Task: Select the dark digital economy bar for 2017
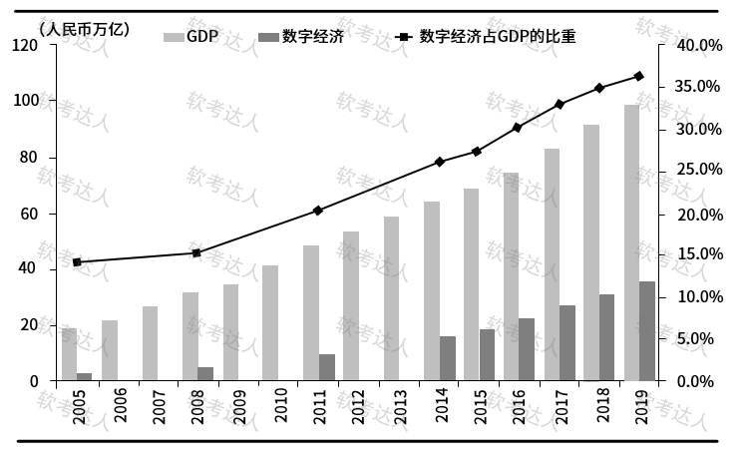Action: [x=567, y=342]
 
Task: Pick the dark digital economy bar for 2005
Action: [x=85, y=376]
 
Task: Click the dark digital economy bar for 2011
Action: [x=326, y=367]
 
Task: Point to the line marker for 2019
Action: [x=639, y=76]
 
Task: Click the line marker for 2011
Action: [x=318, y=211]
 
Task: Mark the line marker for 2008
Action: [x=196, y=252]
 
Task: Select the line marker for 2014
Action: [x=439, y=162]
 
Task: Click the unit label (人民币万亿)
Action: [x=85, y=28]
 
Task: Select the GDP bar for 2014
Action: [x=431, y=290]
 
